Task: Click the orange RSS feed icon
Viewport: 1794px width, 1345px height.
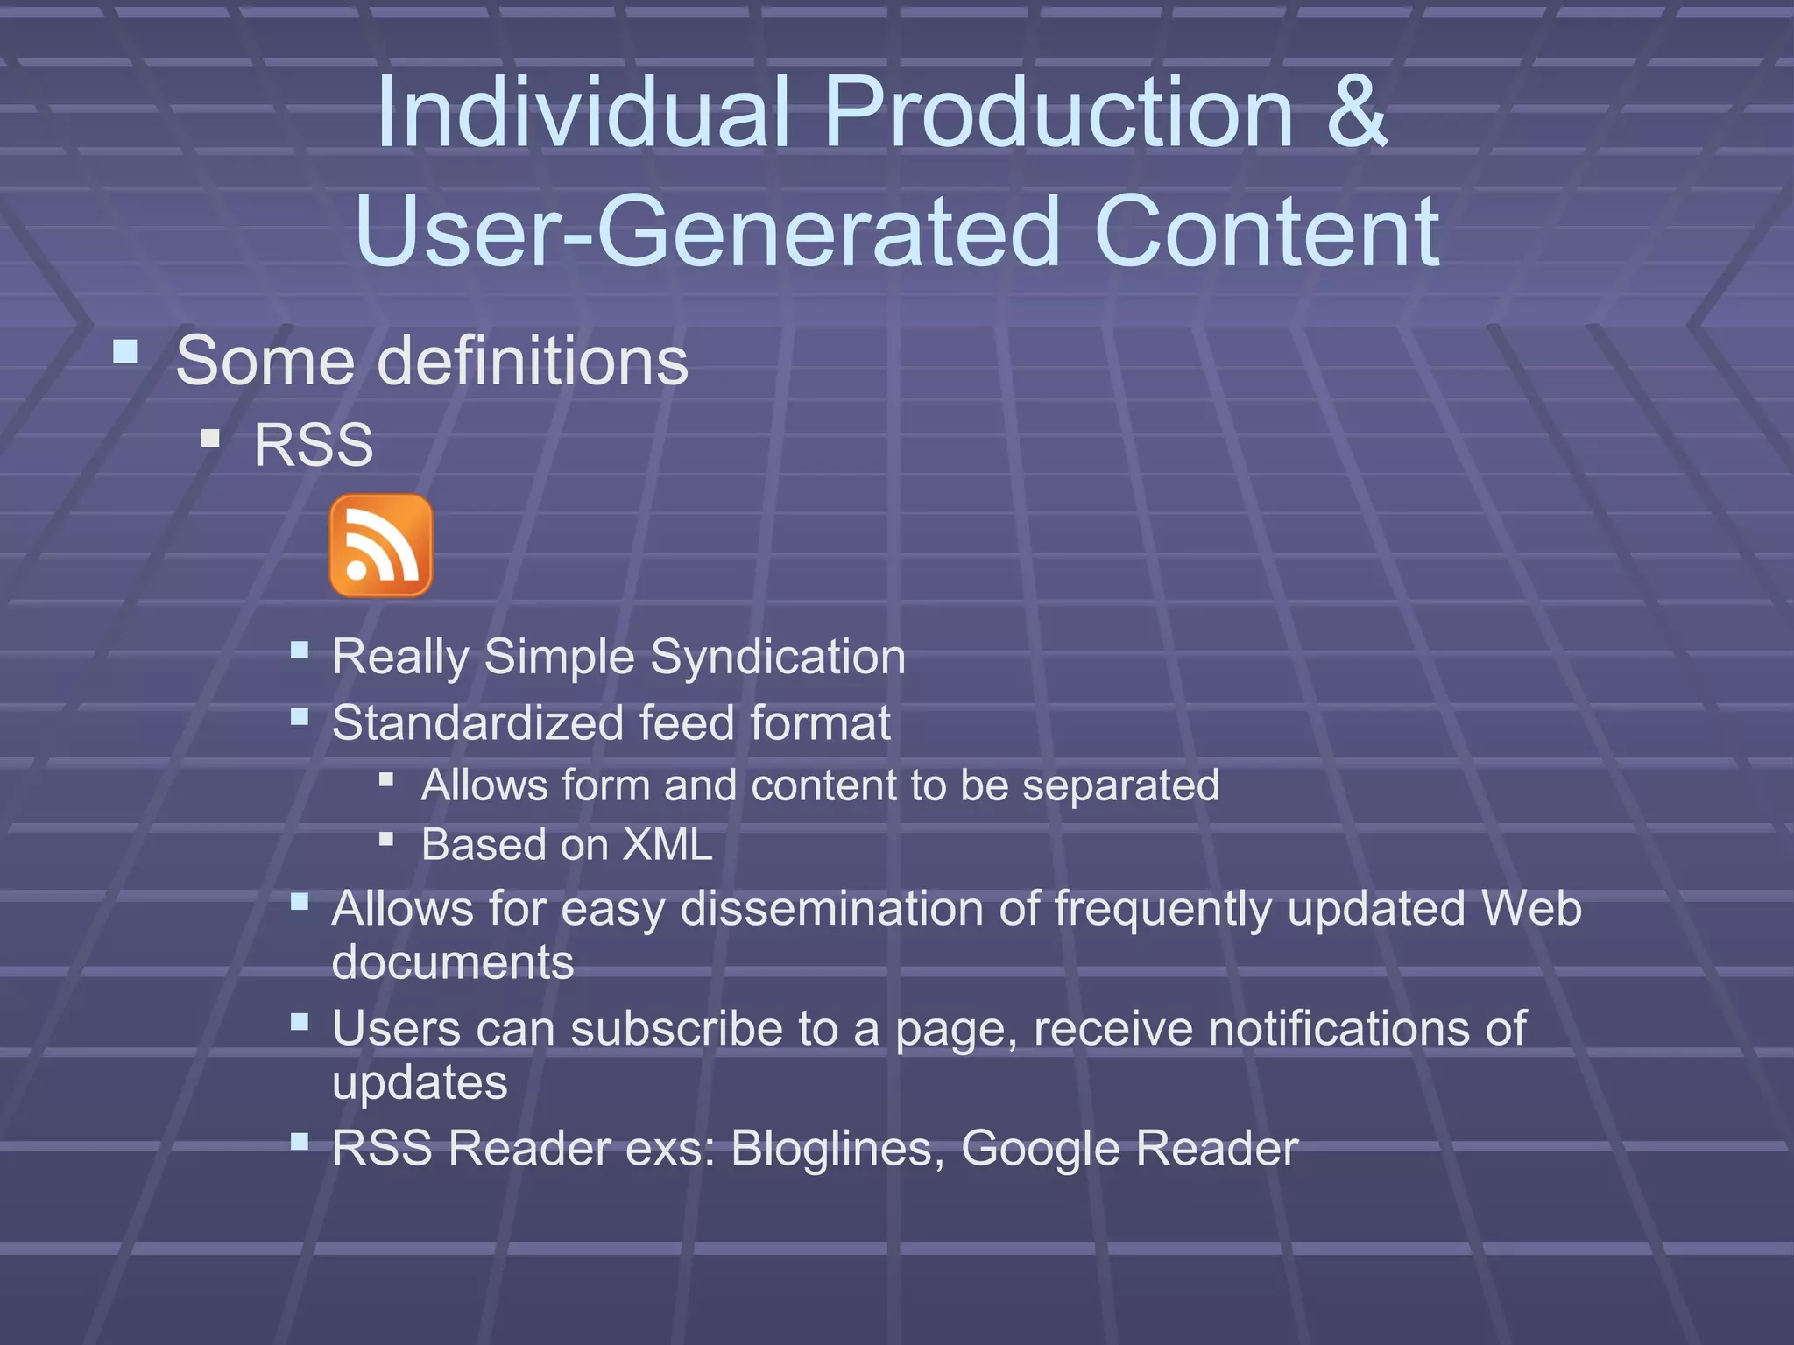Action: point(381,546)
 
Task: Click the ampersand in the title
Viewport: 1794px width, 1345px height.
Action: point(1356,112)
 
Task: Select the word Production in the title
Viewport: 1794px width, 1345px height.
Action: point(1058,112)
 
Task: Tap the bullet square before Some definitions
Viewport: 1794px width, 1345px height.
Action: point(126,353)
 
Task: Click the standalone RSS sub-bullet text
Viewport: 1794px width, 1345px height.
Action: point(314,445)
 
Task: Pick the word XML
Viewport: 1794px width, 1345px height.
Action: point(667,845)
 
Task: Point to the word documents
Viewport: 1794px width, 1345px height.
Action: point(453,962)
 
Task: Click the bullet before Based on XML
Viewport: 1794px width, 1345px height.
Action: point(386,839)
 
